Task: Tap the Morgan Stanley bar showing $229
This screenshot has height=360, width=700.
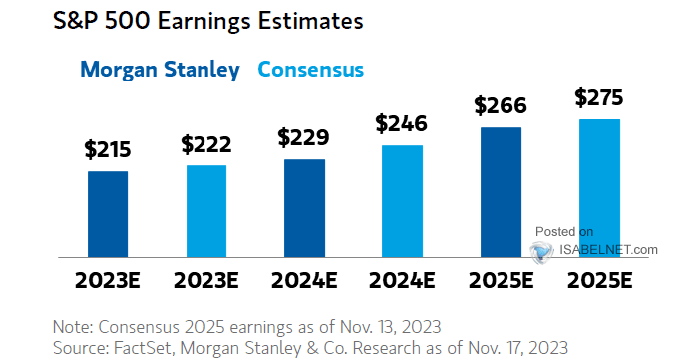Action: tap(304, 209)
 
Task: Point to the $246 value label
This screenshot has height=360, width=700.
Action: tap(401, 124)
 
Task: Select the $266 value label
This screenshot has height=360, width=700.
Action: tap(499, 105)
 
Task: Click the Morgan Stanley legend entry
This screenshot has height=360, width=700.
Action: tap(160, 70)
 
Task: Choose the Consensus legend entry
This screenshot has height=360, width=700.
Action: tap(310, 70)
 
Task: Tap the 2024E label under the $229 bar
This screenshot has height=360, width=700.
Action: tap(304, 281)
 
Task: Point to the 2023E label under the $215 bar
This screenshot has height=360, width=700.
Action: tap(108, 281)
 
